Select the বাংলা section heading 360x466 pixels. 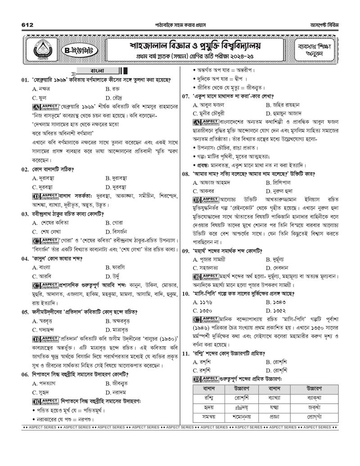point(97,71)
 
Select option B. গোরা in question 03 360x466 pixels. point(115,222)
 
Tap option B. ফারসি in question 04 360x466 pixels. point(115,267)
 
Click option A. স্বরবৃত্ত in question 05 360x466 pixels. point(45,321)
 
